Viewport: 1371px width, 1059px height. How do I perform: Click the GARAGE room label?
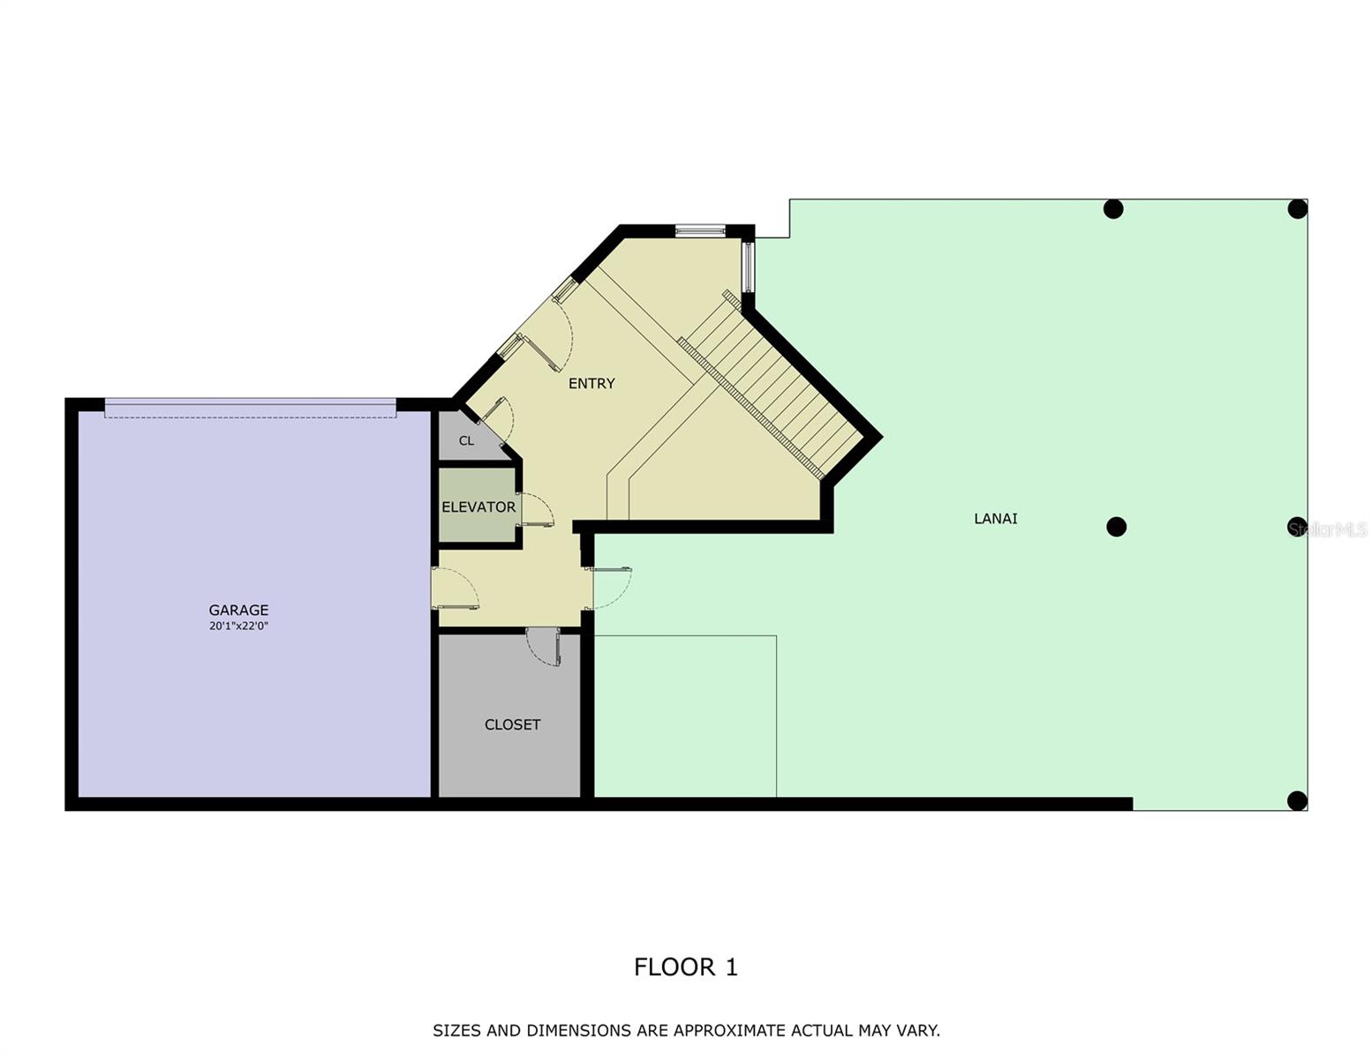pyautogui.click(x=238, y=610)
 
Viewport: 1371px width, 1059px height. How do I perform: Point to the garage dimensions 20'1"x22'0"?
pyautogui.click(x=238, y=627)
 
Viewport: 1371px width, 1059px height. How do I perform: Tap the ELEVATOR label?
pyautogui.click(x=478, y=507)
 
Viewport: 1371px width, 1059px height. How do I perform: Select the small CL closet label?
pyautogui.click(x=466, y=440)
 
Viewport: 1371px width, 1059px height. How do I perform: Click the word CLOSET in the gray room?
pyautogui.click(x=512, y=725)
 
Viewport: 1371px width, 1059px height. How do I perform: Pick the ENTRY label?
pyautogui.click(x=591, y=383)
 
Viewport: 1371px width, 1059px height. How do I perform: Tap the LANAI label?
pyautogui.click(x=995, y=519)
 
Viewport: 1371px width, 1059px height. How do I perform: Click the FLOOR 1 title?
pyautogui.click(x=685, y=967)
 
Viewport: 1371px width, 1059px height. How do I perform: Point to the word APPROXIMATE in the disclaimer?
pyautogui.click(x=728, y=1030)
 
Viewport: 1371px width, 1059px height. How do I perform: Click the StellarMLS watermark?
pyautogui.click(x=1327, y=529)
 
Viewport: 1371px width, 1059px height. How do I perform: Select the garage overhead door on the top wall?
pyautogui.click(x=250, y=408)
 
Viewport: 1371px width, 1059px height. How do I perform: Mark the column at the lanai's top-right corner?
pyautogui.click(x=1296, y=209)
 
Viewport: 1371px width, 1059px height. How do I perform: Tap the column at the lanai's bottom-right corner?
pyautogui.click(x=1296, y=800)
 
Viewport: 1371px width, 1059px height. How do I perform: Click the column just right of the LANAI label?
pyautogui.click(x=1116, y=527)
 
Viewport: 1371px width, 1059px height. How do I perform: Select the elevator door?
pyautogui.click(x=535, y=509)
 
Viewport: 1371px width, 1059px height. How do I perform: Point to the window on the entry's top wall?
pyautogui.click(x=699, y=231)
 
